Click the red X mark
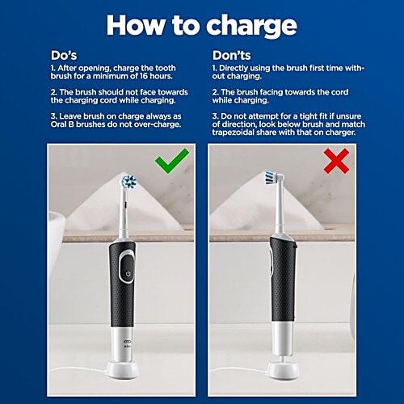[335, 161]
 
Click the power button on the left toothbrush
[127, 275]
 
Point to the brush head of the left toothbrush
[127, 183]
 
